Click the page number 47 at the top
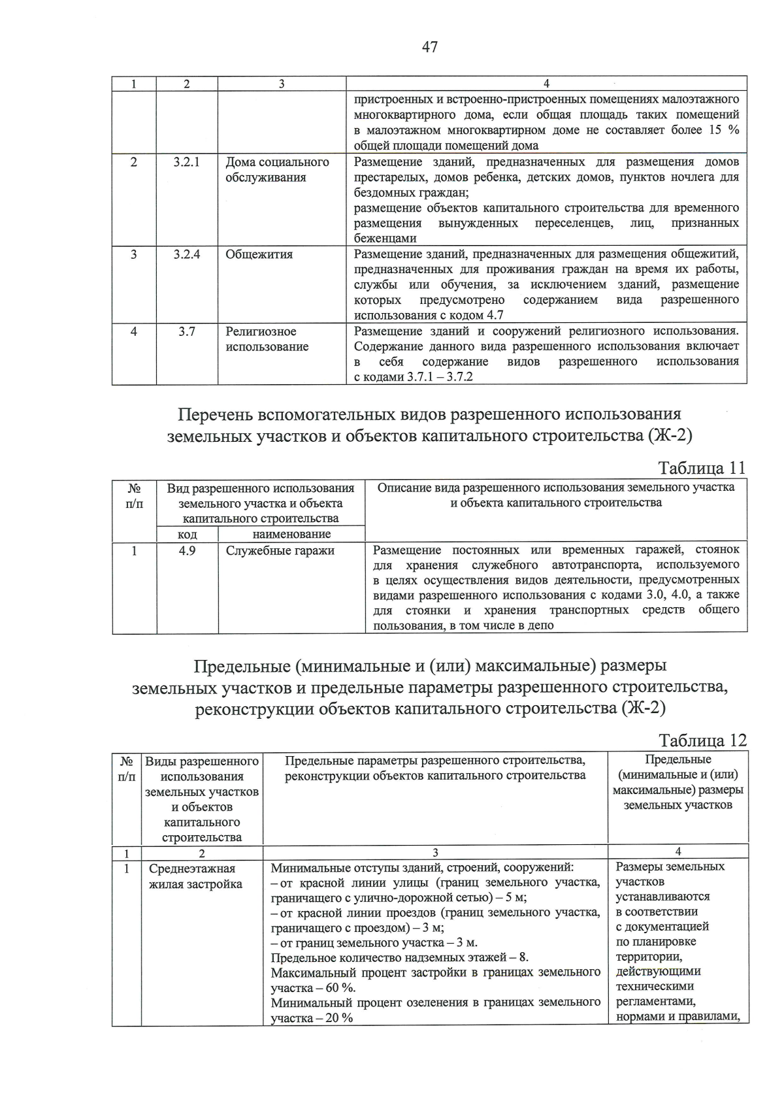[x=429, y=47]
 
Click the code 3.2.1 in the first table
[x=187, y=162]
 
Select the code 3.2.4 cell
[x=187, y=254]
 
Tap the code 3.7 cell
[x=187, y=331]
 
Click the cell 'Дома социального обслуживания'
[x=277, y=170]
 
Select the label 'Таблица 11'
[x=702, y=468]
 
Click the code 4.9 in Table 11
[x=187, y=550]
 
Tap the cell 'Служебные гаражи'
[x=280, y=550]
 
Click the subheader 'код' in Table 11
[x=188, y=534]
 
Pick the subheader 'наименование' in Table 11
[x=291, y=534]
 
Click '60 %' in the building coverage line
[x=340, y=987]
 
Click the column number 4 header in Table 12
[x=678, y=852]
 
